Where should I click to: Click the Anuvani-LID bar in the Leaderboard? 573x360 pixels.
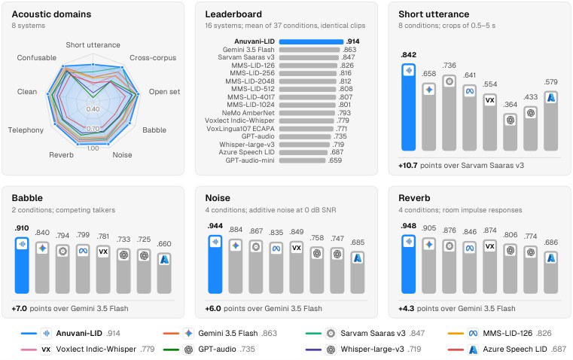point(311,41)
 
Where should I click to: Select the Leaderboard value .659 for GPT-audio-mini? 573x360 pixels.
point(335,160)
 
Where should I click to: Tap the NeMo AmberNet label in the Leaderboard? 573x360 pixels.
point(248,113)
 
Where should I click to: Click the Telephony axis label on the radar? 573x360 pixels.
point(26,130)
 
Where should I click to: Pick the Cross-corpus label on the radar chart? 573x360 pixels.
point(153,58)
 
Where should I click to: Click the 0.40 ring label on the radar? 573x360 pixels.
point(93,109)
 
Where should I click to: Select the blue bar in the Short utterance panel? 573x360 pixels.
point(409,107)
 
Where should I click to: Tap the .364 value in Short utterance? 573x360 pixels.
point(511,105)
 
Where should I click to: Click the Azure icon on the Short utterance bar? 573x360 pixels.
point(551,98)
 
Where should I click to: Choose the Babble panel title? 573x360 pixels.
point(27,198)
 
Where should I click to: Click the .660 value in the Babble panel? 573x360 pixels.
point(164,244)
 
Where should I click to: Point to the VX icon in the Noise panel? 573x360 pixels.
point(297,248)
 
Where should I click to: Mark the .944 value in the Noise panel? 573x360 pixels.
point(215,226)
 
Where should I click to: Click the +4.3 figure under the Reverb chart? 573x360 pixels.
point(407,309)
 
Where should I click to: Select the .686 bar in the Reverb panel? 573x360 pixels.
point(550,273)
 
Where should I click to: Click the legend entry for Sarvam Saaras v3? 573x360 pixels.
point(365,334)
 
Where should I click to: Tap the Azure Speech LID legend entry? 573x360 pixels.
point(507,349)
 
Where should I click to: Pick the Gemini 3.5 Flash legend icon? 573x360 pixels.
point(188,334)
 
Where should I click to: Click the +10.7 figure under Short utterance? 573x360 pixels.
point(408,166)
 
